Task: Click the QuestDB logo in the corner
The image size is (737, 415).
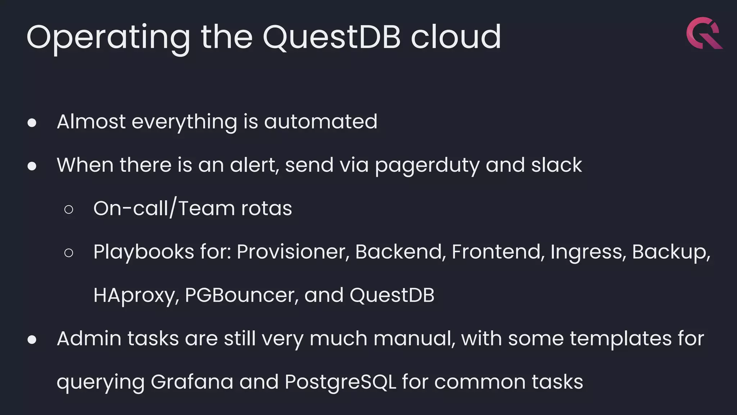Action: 704,33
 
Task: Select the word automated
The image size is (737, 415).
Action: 321,122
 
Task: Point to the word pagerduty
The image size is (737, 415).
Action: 427,165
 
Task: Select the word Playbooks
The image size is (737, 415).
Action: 144,252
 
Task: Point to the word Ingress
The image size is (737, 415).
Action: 586,252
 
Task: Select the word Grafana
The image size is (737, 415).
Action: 192,382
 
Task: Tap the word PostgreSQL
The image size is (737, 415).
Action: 340,382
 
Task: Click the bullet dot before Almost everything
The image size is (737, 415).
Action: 32,123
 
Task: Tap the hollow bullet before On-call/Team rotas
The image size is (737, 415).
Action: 69,210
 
